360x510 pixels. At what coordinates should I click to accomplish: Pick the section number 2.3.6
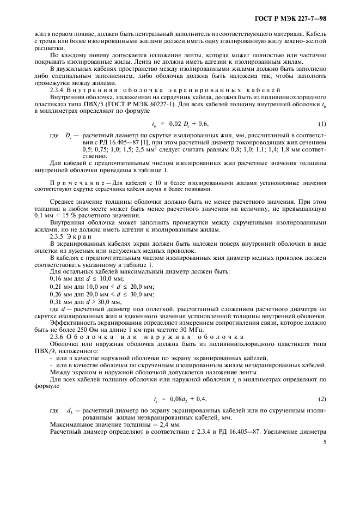(58, 337)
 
